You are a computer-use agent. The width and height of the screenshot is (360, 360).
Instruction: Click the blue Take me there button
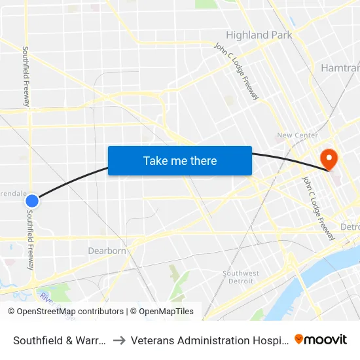[x=180, y=160]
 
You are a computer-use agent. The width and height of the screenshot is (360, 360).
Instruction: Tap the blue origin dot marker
[x=31, y=201]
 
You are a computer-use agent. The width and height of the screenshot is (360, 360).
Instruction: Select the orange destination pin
[x=327, y=158]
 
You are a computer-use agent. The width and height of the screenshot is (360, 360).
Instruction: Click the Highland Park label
[x=259, y=35]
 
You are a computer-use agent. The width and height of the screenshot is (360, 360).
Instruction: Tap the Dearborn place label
[x=107, y=251]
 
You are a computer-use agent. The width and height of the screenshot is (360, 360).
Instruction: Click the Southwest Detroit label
[x=241, y=277]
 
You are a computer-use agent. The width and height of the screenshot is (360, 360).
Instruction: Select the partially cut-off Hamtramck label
[x=340, y=67]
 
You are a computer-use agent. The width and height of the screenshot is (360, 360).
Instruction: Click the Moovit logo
[x=321, y=340]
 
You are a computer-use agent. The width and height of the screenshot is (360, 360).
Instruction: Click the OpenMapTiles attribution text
[x=162, y=312]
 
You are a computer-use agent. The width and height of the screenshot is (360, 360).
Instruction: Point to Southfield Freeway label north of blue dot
[x=26, y=77]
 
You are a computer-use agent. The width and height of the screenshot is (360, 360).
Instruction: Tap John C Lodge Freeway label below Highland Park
[x=237, y=71]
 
